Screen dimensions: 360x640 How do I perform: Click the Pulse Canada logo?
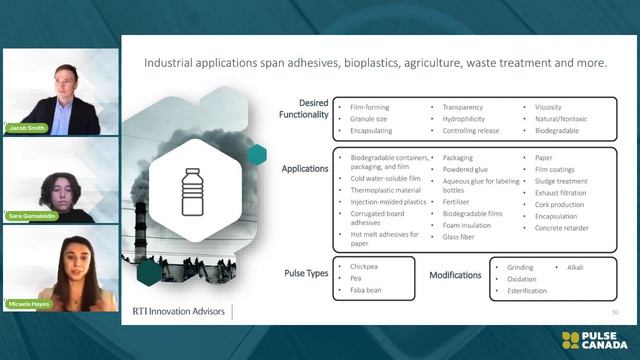click(x=597, y=340)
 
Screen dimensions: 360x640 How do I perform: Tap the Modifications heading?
click(x=457, y=273)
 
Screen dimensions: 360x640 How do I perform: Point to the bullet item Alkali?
click(x=575, y=267)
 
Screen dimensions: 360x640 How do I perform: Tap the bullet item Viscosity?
click(x=550, y=104)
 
